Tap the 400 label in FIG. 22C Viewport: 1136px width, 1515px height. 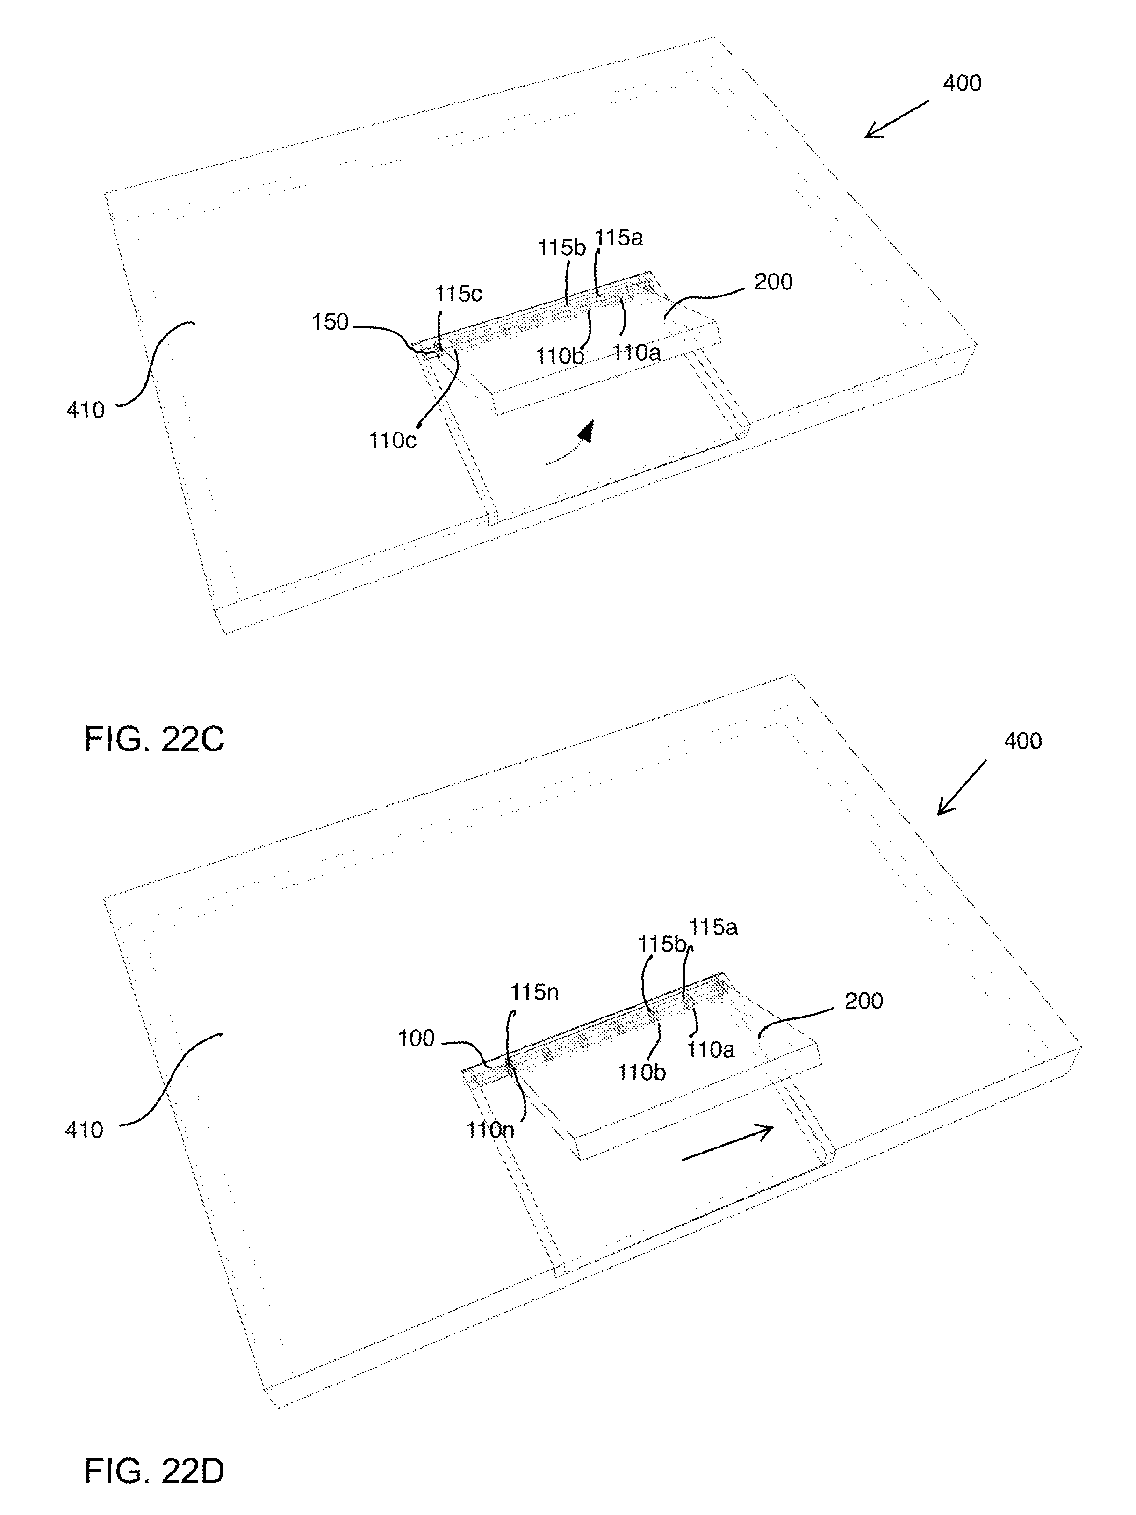[x=962, y=83]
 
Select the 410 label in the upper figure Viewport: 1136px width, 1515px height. [x=86, y=410]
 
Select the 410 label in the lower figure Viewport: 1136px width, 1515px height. [x=84, y=1130]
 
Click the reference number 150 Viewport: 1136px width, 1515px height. [x=331, y=322]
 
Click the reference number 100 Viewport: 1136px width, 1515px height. [x=417, y=1039]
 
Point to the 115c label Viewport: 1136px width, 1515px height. [x=459, y=294]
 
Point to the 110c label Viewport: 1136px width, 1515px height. [x=392, y=440]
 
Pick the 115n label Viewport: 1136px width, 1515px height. [x=534, y=992]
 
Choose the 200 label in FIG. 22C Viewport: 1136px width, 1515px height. [x=774, y=282]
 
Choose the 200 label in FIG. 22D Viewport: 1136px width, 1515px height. [x=864, y=1001]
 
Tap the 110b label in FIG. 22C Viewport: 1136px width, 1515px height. [x=560, y=356]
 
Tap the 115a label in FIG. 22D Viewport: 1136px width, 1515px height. [x=713, y=927]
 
